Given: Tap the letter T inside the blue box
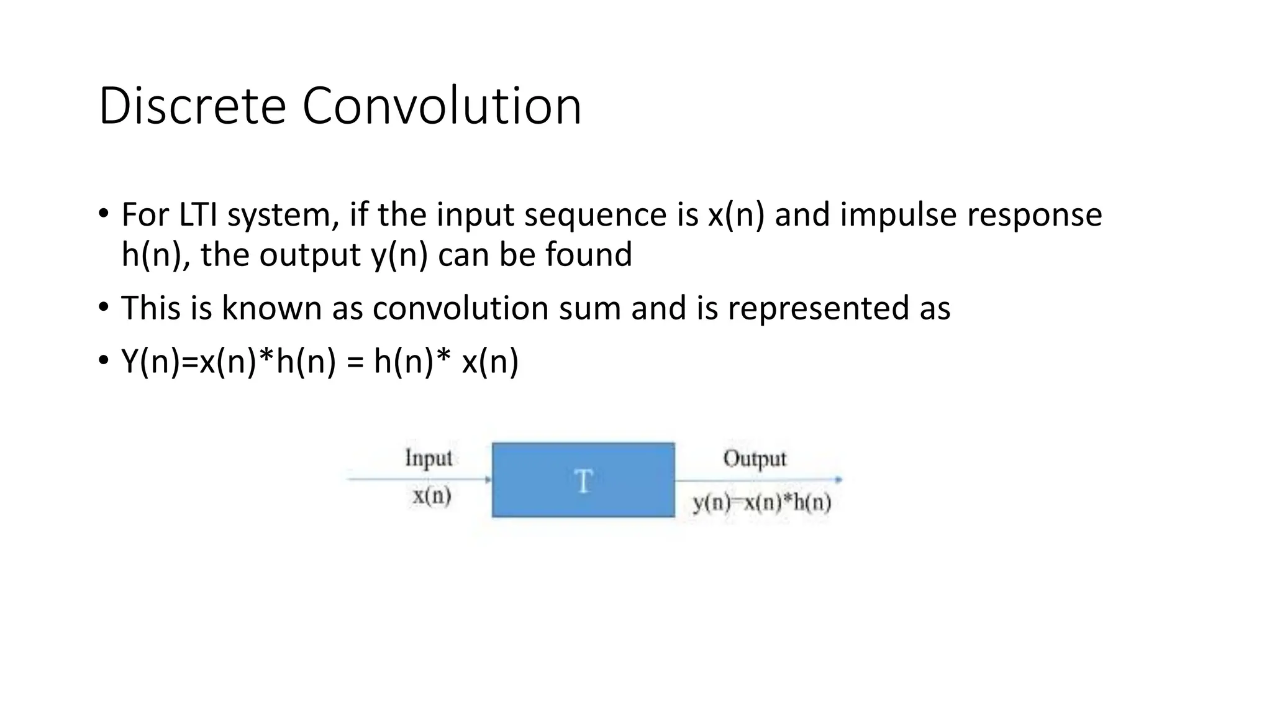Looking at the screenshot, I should [583, 482].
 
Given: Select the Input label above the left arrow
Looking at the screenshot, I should [429, 458].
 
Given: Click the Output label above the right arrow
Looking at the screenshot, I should [755, 459].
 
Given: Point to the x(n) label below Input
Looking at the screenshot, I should [432, 496].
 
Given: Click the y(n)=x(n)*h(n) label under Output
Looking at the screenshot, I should [762, 502].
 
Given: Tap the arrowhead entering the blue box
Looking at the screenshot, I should [488, 479].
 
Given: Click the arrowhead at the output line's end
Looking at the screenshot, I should [838, 479].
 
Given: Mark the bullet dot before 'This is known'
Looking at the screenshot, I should [103, 306].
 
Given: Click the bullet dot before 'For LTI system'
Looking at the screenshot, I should [103, 213].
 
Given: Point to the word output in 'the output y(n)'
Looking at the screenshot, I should [310, 254].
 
